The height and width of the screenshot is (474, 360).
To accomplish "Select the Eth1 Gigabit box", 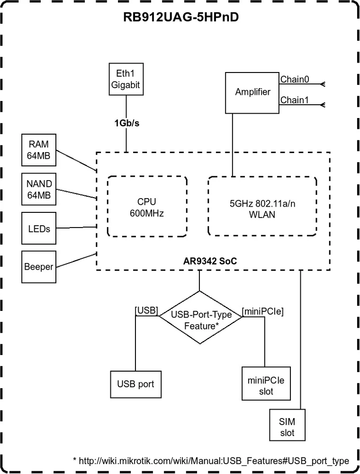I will [x=126, y=79].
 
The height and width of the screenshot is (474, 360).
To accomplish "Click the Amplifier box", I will [x=252, y=92].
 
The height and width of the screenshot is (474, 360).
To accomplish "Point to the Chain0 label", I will [x=295, y=80].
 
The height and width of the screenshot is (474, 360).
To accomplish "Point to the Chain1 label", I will [x=295, y=100].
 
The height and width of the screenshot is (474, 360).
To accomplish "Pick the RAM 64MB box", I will [x=38, y=150].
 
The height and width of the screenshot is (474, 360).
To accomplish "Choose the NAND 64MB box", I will [x=38, y=190].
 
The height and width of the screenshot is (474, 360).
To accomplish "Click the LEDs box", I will [x=38, y=228].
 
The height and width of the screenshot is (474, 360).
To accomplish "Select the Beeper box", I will [x=38, y=267].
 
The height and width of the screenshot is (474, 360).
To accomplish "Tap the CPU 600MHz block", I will [x=147, y=207].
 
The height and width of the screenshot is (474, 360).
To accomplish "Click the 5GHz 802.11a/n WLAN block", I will [x=262, y=207].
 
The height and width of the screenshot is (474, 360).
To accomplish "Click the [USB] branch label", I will [x=146, y=310].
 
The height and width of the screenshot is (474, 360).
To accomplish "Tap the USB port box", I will [x=135, y=384].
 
